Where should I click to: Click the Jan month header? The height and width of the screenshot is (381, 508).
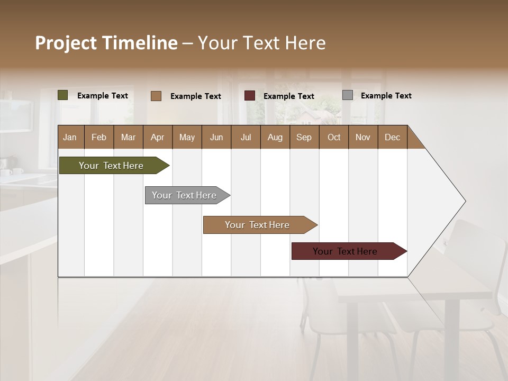click(70, 137)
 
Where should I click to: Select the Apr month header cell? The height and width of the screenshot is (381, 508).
click(158, 137)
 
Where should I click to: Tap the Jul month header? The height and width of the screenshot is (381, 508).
click(246, 137)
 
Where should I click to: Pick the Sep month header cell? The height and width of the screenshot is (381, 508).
click(304, 137)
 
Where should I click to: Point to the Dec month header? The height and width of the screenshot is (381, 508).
click(392, 137)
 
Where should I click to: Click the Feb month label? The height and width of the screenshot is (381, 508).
click(99, 137)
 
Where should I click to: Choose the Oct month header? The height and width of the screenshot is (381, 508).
click(334, 137)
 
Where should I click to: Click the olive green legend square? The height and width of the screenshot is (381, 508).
click(63, 95)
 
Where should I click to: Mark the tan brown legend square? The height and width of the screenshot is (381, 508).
click(156, 96)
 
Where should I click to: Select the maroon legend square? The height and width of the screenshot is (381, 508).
click(250, 96)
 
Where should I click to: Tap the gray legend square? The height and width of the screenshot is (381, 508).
click(348, 95)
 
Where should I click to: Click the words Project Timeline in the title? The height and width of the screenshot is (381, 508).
click(106, 43)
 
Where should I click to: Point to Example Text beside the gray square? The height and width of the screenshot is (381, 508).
click(386, 96)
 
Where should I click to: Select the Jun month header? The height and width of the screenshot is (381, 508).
click(216, 137)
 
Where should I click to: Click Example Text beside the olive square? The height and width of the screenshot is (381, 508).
click(102, 96)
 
